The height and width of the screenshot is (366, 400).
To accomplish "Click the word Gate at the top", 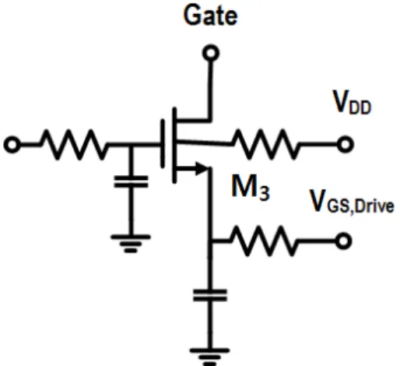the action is [210, 16].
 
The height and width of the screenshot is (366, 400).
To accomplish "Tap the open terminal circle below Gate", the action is [211, 53].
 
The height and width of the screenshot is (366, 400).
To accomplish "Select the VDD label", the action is [352, 102].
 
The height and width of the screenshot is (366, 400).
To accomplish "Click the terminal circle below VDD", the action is [345, 144].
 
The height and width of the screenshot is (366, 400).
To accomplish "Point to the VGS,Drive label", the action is [352, 202].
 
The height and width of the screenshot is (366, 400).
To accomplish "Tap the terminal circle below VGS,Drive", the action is [343, 241].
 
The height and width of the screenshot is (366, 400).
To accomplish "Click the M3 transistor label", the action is [250, 188].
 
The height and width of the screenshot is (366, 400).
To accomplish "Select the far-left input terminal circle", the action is [12, 144].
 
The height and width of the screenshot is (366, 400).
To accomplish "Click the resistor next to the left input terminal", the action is [74, 144].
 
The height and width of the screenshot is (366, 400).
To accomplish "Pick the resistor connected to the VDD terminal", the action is [265, 144].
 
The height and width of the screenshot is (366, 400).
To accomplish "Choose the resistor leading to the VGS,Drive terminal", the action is [264, 241].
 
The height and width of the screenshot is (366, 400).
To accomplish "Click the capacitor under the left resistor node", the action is [131, 181].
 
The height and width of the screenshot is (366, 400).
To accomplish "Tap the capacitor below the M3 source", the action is [210, 295].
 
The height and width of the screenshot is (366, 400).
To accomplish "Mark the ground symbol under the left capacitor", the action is [131, 244].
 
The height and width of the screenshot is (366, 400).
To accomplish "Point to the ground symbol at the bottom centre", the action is [210, 357].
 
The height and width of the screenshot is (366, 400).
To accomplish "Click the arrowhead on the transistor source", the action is [202, 169].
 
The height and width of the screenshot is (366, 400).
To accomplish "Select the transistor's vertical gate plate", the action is [163, 143].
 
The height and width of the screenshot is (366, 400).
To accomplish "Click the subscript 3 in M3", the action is [265, 192].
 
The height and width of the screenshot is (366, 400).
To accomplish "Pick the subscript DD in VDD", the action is [360, 107].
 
